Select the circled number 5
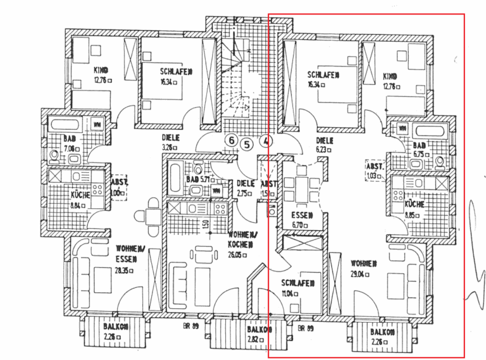pos(247,144)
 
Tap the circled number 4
pos(266,141)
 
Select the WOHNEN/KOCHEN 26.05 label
pos(240,243)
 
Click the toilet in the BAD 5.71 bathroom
pos(198,169)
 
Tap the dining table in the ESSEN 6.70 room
pos(302,187)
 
